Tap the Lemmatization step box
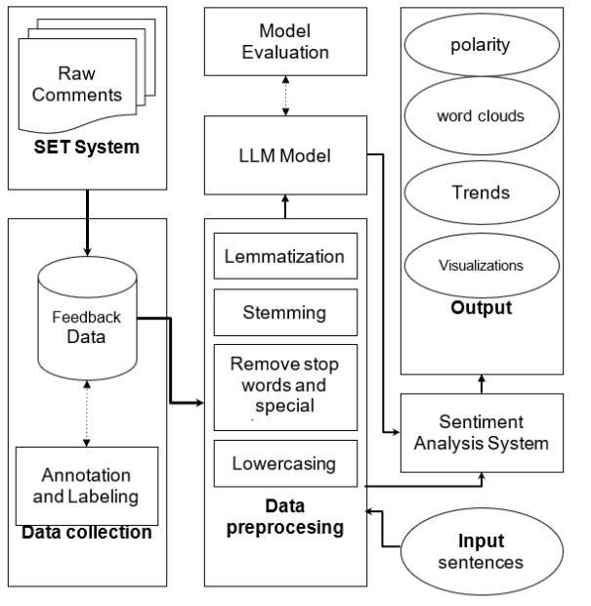coord(285,257)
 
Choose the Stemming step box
coord(285,313)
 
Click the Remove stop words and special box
coord(285,386)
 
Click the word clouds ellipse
coord(481,116)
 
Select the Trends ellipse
coord(481,192)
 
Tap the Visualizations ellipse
coord(481,264)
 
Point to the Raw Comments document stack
coord(87,83)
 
